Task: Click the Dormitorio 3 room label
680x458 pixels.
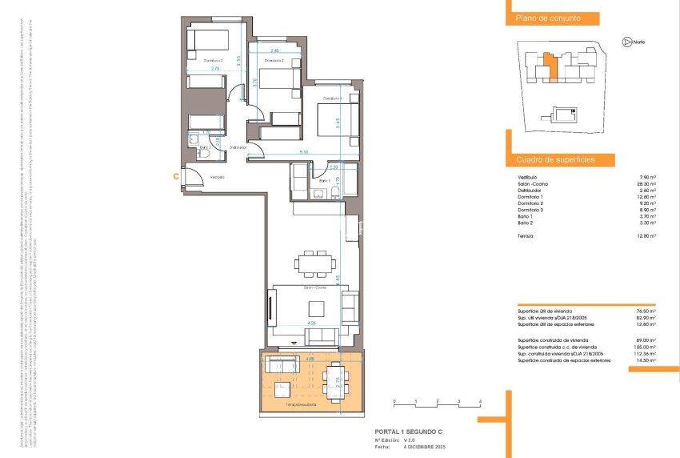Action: click(x=211, y=61)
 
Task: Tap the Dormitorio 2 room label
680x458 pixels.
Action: click(x=274, y=61)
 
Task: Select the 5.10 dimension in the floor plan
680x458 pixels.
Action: click(x=302, y=152)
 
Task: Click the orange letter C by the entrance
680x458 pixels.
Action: click(x=175, y=175)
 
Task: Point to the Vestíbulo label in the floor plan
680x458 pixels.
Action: click(x=218, y=177)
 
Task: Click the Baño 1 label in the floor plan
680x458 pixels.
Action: click(x=325, y=181)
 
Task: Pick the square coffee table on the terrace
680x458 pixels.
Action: click(x=282, y=391)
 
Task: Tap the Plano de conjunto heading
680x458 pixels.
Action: click(x=547, y=18)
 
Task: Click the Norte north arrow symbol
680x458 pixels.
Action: click(x=626, y=41)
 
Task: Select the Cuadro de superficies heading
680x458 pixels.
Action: click(x=554, y=160)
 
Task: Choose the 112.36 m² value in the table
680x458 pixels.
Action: click(x=644, y=353)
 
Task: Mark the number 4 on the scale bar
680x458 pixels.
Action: click(x=479, y=400)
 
